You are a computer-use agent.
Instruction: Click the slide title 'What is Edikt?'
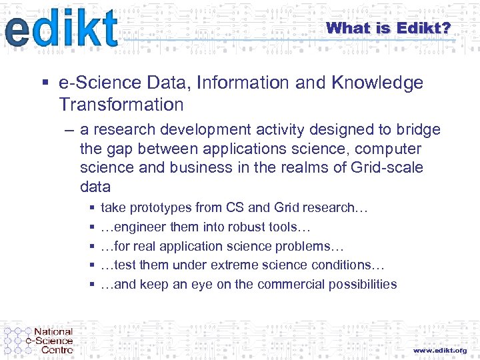[x=389, y=28]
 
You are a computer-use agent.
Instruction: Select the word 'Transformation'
[x=121, y=105]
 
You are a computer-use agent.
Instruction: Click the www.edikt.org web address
[x=439, y=350]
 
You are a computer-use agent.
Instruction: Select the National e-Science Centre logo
[x=39, y=340]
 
